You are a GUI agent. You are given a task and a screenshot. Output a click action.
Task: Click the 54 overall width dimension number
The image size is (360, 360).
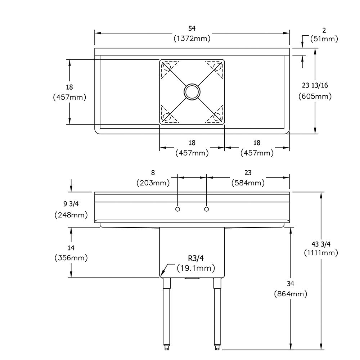192,29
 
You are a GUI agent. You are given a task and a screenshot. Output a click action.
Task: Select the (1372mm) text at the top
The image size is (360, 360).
192,38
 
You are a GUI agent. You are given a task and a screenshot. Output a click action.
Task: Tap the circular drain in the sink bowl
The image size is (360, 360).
192,91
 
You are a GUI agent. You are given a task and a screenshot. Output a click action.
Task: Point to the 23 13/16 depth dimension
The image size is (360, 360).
315,85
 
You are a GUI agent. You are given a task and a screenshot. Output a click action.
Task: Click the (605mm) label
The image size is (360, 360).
315,96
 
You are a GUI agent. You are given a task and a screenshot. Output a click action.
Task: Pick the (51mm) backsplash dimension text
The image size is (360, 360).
324,39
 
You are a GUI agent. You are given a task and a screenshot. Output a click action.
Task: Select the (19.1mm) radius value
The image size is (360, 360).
196,268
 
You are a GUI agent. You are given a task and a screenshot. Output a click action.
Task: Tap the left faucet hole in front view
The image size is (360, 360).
177,209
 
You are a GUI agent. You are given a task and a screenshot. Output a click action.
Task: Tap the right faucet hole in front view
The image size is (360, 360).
206,209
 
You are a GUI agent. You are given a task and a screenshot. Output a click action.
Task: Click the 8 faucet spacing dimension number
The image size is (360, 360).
153,173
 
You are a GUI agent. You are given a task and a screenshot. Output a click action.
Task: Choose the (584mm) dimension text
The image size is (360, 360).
248,183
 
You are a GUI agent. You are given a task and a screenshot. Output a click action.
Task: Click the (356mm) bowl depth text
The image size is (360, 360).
71,258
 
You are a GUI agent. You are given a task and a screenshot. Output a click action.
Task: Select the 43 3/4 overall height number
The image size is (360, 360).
320,244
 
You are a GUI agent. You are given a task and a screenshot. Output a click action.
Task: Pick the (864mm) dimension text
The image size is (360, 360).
290,294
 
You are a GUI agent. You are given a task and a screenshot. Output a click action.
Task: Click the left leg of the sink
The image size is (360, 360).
167,313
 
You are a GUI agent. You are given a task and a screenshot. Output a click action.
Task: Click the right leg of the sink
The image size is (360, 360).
217,313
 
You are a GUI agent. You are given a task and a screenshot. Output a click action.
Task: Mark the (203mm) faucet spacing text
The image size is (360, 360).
153,183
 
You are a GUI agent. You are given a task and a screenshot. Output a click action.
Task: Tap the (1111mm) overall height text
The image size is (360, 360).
321,253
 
